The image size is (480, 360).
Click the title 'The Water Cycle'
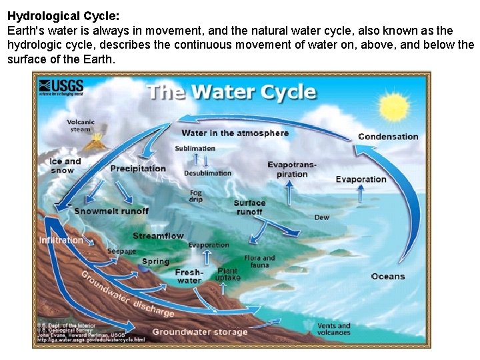tap(231, 91)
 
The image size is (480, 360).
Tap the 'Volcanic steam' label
tap(81, 125)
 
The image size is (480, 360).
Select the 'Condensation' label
tap(388, 137)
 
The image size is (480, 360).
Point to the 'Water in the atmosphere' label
tap(235, 133)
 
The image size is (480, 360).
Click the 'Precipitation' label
tap(138, 168)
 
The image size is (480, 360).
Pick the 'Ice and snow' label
tap(65, 165)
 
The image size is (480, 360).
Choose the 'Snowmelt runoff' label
tap(111, 211)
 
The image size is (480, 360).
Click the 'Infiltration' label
tap(61, 240)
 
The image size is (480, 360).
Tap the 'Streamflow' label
tap(158, 236)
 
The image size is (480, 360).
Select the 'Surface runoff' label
tap(249, 207)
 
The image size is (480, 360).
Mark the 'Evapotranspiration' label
tap(292, 169)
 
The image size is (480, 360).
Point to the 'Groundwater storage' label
tap(200, 331)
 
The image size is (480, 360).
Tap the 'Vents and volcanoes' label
tap(333, 329)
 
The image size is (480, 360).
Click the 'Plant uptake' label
tap(227, 274)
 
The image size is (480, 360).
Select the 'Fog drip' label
tap(195, 196)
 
